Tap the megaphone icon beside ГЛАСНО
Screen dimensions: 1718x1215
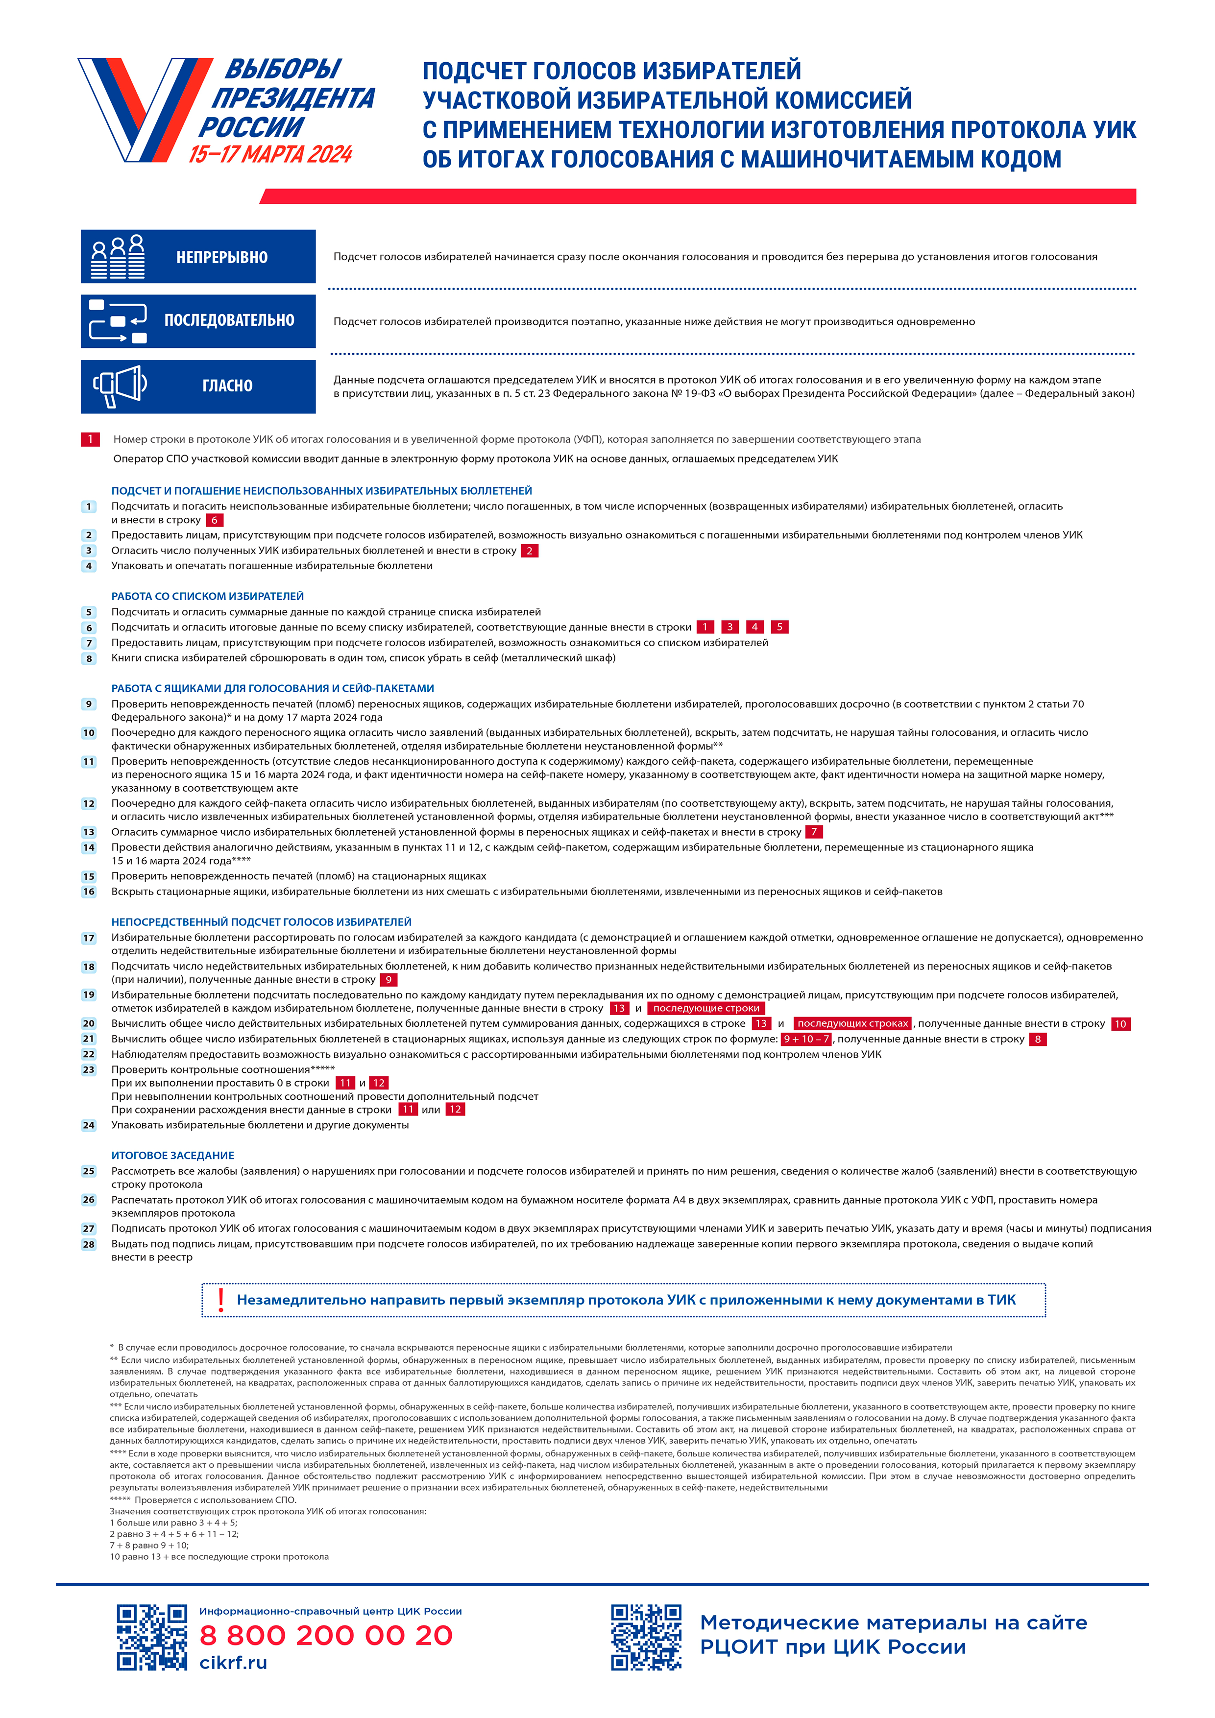(120, 386)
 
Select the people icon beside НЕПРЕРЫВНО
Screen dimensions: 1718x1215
(118, 257)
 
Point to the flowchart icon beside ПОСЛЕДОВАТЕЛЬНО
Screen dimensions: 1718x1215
(118, 322)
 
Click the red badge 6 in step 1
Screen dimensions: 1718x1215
(215, 520)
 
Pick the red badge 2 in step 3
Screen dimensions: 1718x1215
(530, 551)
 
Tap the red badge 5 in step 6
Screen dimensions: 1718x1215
(779, 627)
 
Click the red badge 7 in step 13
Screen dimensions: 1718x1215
(814, 832)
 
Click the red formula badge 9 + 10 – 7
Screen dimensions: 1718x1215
(806, 1040)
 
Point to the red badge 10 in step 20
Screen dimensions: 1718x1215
(1120, 1024)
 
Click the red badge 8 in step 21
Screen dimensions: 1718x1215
(1038, 1040)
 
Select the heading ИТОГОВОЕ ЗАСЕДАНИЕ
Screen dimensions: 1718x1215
(173, 1155)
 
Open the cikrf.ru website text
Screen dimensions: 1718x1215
(233, 1663)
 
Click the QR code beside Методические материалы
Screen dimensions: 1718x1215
(646, 1637)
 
